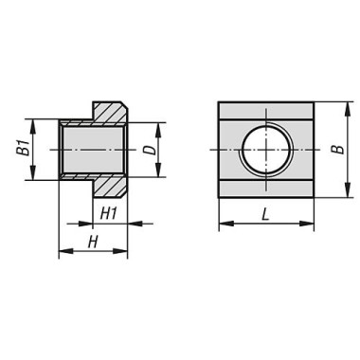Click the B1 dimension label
coord(23,149)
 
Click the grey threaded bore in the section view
coord(93,150)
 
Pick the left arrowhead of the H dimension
coord(63,253)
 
